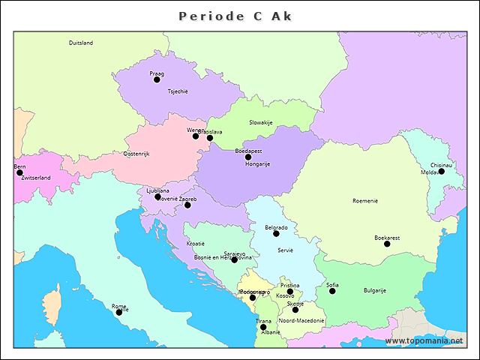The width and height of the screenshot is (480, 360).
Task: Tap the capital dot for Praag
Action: [x=157, y=79]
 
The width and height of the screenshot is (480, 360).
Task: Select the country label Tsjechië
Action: [x=178, y=91]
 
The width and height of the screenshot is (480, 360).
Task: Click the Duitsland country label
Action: [x=81, y=43]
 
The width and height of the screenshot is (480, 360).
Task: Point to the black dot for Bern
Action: [x=19, y=172]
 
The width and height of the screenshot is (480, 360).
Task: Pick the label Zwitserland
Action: [x=36, y=178]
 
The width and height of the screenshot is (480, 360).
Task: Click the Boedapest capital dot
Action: [x=248, y=157]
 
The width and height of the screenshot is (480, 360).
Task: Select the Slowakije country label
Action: [x=261, y=122]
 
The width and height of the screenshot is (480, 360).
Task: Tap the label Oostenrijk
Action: [x=136, y=154]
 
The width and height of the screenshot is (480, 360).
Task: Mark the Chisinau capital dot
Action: [x=441, y=171]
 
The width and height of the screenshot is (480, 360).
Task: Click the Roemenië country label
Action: [x=365, y=201]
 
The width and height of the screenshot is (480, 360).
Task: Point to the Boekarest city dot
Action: [x=387, y=244]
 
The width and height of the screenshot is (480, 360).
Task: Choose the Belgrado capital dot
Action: [x=276, y=233]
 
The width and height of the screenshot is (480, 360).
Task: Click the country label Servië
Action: [x=285, y=250]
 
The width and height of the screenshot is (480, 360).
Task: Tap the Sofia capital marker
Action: [x=332, y=291]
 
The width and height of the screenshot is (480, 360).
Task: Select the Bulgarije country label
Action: [x=374, y=290]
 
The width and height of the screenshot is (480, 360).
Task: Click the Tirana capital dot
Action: [x=263, y=327]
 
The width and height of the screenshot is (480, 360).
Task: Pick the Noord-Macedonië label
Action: [x=301, y=320]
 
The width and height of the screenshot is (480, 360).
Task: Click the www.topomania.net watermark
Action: [x=424, y=341]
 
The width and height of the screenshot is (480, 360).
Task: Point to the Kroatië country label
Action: [x=196, y=244]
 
